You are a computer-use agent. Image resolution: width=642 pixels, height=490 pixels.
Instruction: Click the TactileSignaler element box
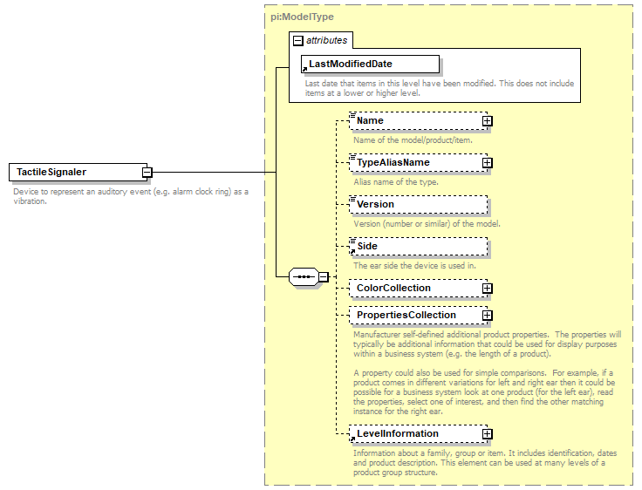tap(77, 173)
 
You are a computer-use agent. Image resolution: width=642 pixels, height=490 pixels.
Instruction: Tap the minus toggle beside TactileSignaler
tap(148, 173)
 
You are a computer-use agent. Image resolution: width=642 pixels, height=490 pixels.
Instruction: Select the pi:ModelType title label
tap(302, 17)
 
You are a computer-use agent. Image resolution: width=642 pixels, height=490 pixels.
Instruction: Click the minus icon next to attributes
tap(297, 40)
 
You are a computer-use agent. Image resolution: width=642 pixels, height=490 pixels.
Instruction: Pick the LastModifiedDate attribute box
tap(370, 65)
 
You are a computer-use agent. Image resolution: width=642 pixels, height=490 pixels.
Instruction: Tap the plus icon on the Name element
tap(488, 121)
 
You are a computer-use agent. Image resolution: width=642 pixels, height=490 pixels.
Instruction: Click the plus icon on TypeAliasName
tap(488, 163)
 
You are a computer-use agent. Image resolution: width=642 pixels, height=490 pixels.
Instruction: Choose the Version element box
tap(417, 205)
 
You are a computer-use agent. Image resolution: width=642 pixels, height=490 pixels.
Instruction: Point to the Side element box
tap(417, 247)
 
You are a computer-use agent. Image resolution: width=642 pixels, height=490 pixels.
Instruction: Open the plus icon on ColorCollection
tap(488, 289)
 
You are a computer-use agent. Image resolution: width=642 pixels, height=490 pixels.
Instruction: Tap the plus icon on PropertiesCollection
tap(488, 316)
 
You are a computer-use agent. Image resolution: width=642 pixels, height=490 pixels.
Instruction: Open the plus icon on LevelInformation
tap(488, 434)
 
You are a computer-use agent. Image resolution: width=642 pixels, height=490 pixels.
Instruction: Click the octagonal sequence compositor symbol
tap(303, 277)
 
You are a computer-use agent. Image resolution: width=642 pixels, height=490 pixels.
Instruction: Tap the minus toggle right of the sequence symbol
tap(323, 277)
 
